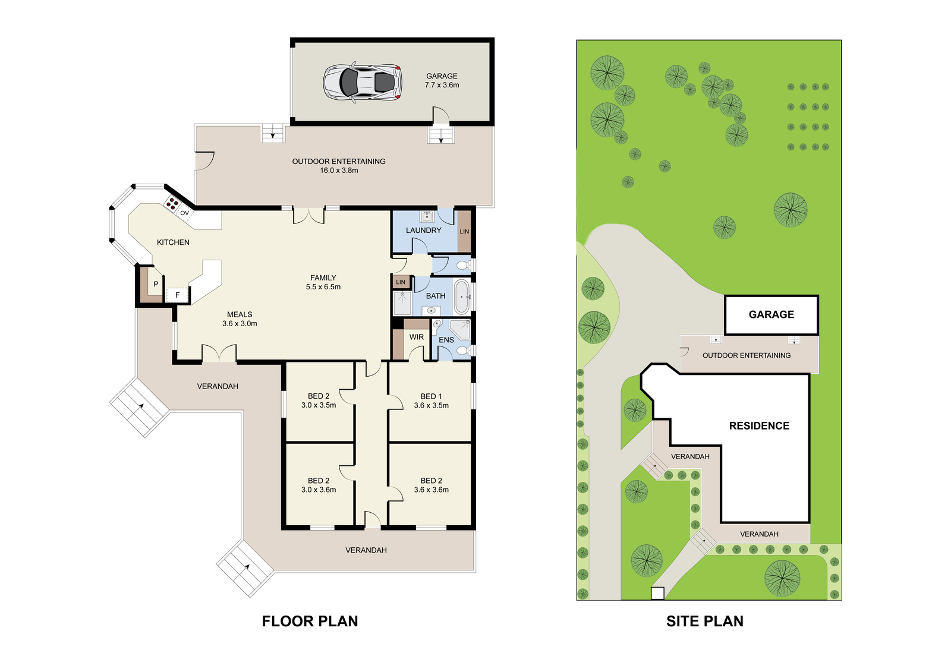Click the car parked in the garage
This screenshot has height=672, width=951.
click(x=363, y=82)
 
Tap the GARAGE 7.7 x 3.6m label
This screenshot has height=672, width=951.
click(x=442, y=80)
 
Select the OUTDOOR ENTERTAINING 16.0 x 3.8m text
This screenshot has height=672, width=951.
click(x=339, y=166)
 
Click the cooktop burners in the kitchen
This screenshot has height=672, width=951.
click(x=172, y=204)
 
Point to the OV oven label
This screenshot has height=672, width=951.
click(x=185, y=213)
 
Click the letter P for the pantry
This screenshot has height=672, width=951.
click(x=156, y=284)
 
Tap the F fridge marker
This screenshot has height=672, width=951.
click(x=178, y=295)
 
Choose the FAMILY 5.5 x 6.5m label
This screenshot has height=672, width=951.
click(x=323, y=282)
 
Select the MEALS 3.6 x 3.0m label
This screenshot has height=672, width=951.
click(x=240, y=319)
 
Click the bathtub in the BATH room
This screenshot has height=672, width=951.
click(x=462, y=296)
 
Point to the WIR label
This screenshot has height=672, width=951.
click(x=417, y=337)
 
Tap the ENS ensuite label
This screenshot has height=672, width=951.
click(x=446, y=340)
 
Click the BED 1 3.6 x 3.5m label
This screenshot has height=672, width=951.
click(x=432, y=400)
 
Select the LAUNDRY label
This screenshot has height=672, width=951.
click(x=424, y=230)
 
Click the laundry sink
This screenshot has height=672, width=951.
click(x=427, y=216)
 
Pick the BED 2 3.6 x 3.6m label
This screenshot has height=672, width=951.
click(x=432, y=485)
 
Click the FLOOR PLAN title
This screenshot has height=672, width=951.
click(x=310, y=621)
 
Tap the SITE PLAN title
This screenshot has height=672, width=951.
click(x=705, y=621)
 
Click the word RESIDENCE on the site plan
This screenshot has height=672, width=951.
click(x=759, y=426)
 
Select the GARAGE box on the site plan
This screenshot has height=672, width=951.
click(x=771, y=314)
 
